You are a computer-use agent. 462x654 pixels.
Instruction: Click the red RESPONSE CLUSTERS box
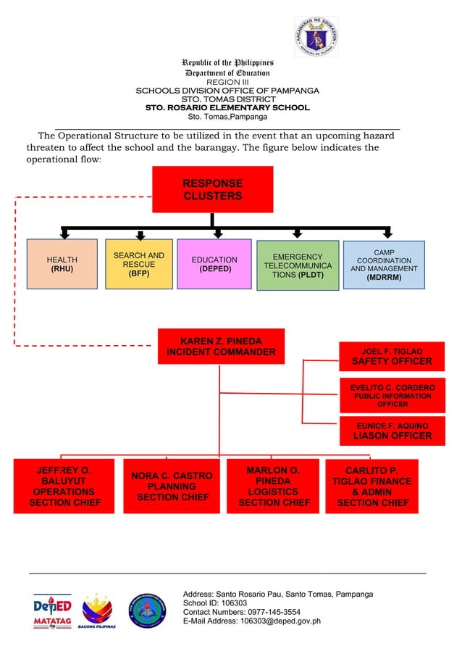tap(212, 189)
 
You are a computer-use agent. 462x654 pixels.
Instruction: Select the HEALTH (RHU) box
tap(62, 263)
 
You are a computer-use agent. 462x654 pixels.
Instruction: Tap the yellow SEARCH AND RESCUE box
tap(139, 264)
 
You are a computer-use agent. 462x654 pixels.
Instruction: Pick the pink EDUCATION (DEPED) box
tap(214, 264)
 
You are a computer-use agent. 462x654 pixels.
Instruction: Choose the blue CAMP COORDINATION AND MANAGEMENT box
tap(384, 265)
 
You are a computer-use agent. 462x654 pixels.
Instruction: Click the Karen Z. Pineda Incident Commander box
tap(221, 347)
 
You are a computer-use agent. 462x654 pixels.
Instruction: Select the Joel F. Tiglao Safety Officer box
tap(391, 356)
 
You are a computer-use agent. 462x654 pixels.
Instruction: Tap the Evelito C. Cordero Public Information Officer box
tap(392, 395)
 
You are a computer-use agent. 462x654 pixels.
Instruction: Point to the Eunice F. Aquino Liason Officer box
tap(392, 431)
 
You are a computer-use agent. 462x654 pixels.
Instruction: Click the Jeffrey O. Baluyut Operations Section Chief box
tap(64, 486)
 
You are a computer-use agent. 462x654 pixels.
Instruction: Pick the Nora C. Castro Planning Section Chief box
tap(172, 486)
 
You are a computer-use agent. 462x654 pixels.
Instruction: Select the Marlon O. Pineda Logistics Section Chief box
tap(274, 486)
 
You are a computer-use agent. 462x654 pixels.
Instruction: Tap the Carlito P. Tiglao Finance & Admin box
tap(372, 486)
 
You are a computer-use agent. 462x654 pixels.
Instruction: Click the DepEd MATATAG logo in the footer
tap(52, 610)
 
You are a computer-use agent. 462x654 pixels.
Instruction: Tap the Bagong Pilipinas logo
tap(97, 610)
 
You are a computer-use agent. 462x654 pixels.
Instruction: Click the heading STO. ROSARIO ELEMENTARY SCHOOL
tap(227, 107)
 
